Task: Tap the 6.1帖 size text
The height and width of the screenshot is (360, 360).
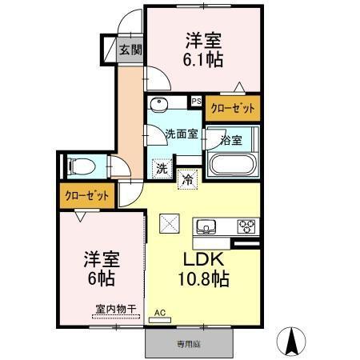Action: pyautogui.click(x=204, y=59)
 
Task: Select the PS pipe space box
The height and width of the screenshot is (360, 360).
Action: pyautogui.click(x=196, y=102)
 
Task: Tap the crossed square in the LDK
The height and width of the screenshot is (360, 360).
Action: pyautogui.click(x=170, y=223)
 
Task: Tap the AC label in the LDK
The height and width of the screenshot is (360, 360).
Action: pyautogui.click(x=160, y=312)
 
